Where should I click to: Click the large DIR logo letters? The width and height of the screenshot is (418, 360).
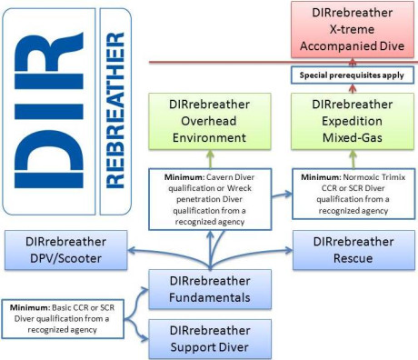point(45,109)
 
